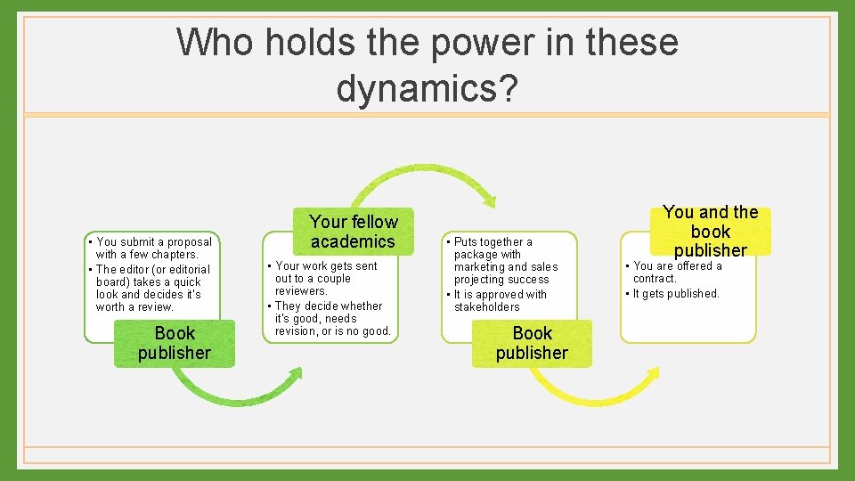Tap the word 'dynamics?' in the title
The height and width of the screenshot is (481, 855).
(x=427, y=88)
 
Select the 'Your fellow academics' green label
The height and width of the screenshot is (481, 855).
(x=353, y=232)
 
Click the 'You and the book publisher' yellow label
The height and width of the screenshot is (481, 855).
(x=710, y=231)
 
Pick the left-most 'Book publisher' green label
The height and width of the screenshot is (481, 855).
(x=175, y=343)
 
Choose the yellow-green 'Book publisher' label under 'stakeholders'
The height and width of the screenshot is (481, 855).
(x=532, y=343)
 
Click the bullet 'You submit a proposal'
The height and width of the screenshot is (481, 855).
(x=154, y=241)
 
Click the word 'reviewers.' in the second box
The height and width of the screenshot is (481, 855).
(x=302, y=291)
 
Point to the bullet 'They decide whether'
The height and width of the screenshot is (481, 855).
(x=329, y=306)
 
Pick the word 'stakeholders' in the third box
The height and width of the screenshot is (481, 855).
(x=486, y=307)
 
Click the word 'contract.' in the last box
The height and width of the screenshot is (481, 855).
(x=655, y=279)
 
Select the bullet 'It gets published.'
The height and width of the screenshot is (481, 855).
(x=676, y=294)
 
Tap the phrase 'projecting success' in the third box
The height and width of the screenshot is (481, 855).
(x=501, y=280)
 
